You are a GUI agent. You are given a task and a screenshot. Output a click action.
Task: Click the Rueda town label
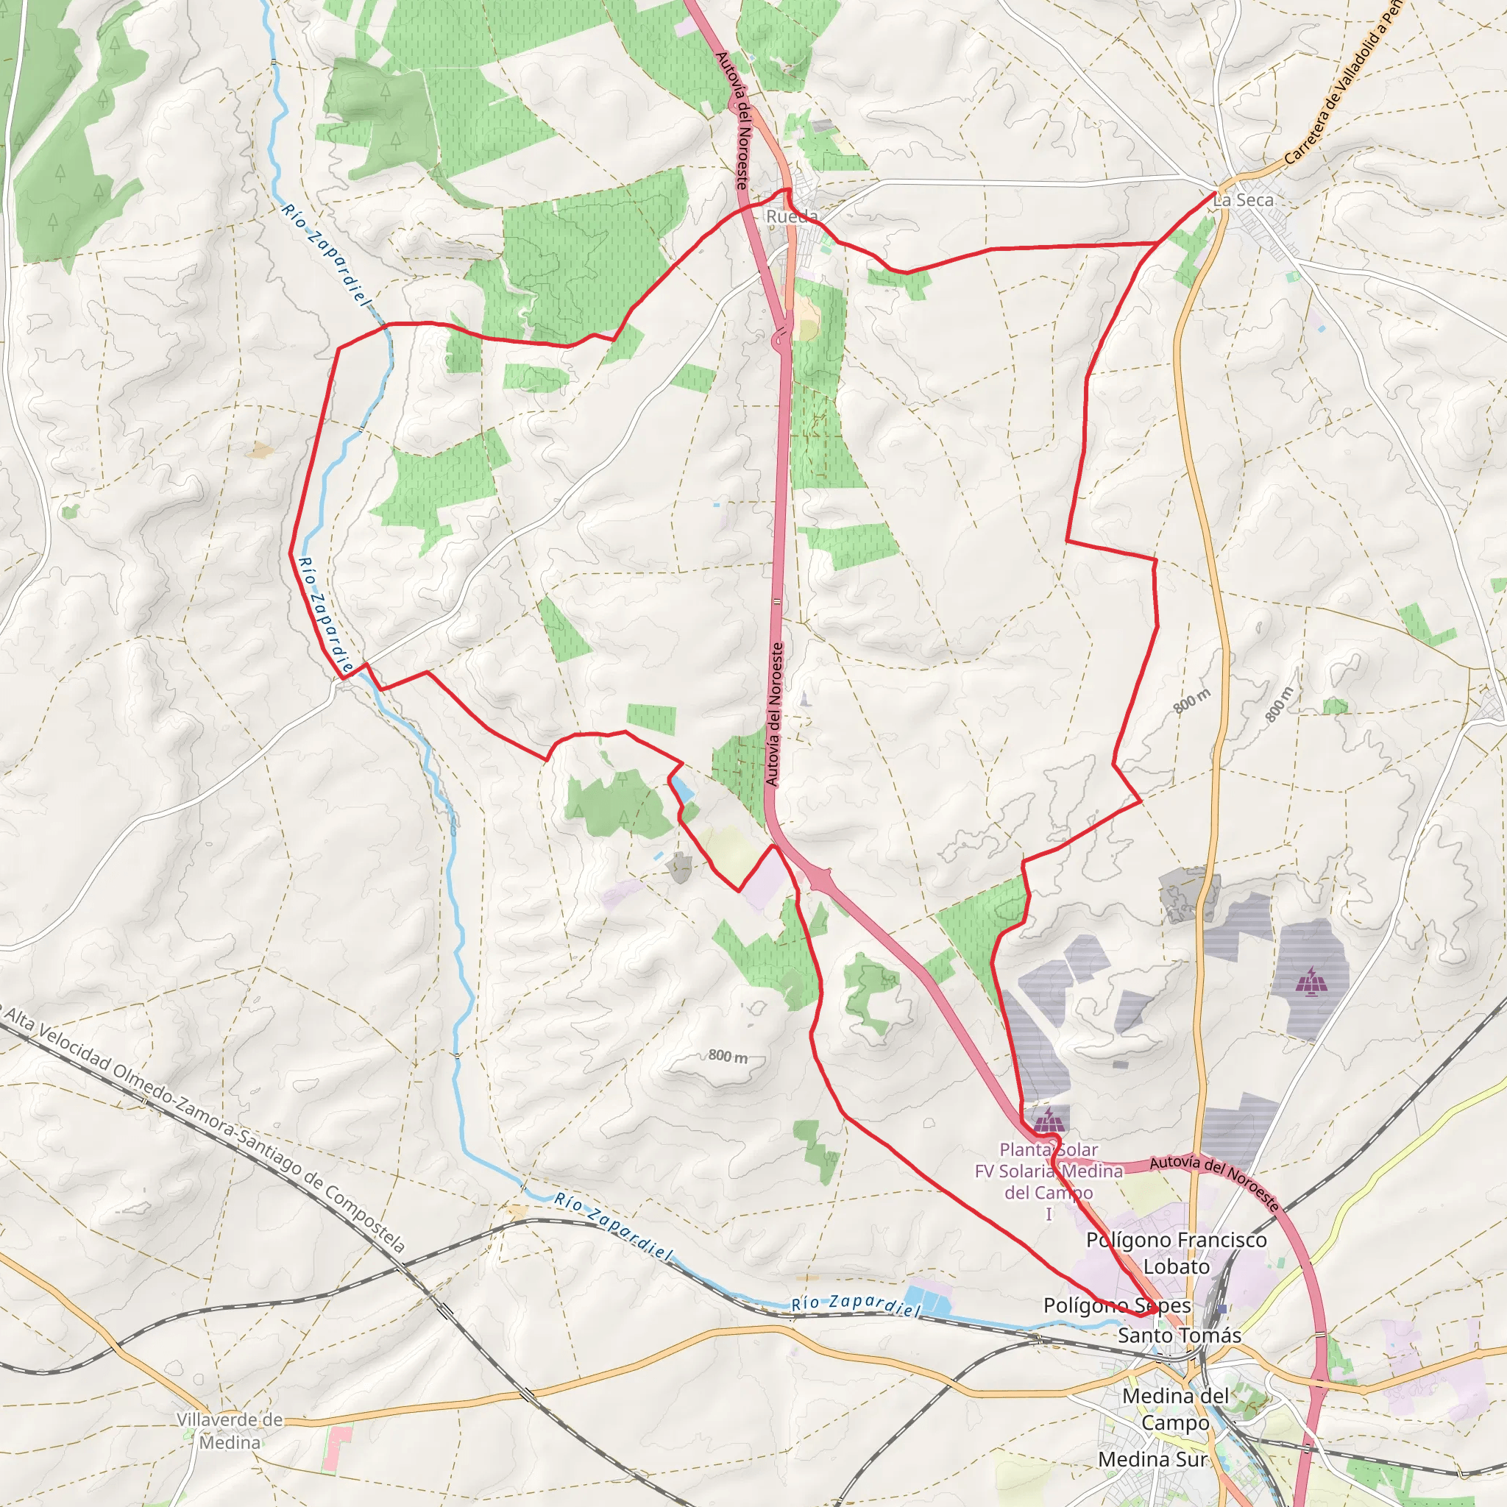coord(792,216)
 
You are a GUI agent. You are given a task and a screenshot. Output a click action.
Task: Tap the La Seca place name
coord(1244,199)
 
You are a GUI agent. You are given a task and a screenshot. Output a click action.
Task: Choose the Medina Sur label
coord(1152,1459)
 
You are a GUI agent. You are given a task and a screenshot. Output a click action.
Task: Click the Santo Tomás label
coord(1180,1336)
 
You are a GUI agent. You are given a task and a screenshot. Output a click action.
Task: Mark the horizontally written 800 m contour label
coord(728,1056)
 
